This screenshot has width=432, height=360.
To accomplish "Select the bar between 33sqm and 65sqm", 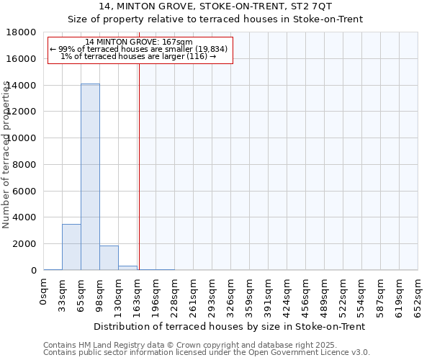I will [71, 247].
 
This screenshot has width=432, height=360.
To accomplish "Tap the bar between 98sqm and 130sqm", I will [109, 258].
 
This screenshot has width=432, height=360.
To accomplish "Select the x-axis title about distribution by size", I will [230, 326].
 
